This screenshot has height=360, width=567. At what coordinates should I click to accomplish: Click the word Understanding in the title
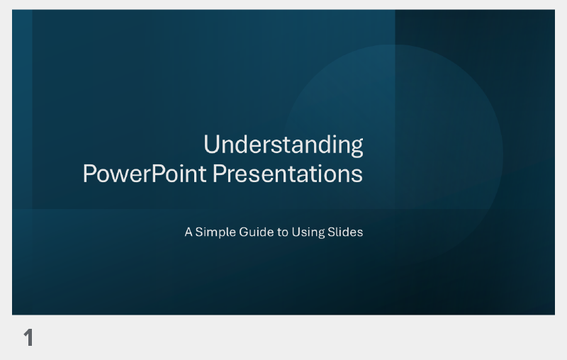tap(283, 145)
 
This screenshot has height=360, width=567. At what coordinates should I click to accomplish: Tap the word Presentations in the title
tap(288, 174)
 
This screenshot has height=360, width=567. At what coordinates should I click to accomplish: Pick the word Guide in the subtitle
tap(252, 232)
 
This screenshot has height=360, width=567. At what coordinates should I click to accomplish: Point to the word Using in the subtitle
tap(308, 232)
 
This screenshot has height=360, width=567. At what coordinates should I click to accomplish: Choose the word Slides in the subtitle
tap(345, 232)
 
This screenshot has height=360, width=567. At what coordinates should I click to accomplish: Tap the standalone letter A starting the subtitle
tap(189, 232)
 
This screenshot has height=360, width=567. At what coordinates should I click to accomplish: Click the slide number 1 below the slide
tap(28, 338)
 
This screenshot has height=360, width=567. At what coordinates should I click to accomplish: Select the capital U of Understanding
tap(211, 145)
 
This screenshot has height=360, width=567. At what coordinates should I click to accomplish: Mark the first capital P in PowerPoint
tap(89, 174)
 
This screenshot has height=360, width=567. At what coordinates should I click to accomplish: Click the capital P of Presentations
tap(219, 174)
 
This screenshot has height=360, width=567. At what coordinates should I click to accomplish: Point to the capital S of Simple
tap(199, 232)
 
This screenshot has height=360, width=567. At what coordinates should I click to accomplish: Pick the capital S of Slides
tap(331, 232)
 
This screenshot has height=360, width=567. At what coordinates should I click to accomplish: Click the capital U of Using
tap(296, 232)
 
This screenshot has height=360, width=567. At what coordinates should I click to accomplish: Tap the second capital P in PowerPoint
tap(161, 174)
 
